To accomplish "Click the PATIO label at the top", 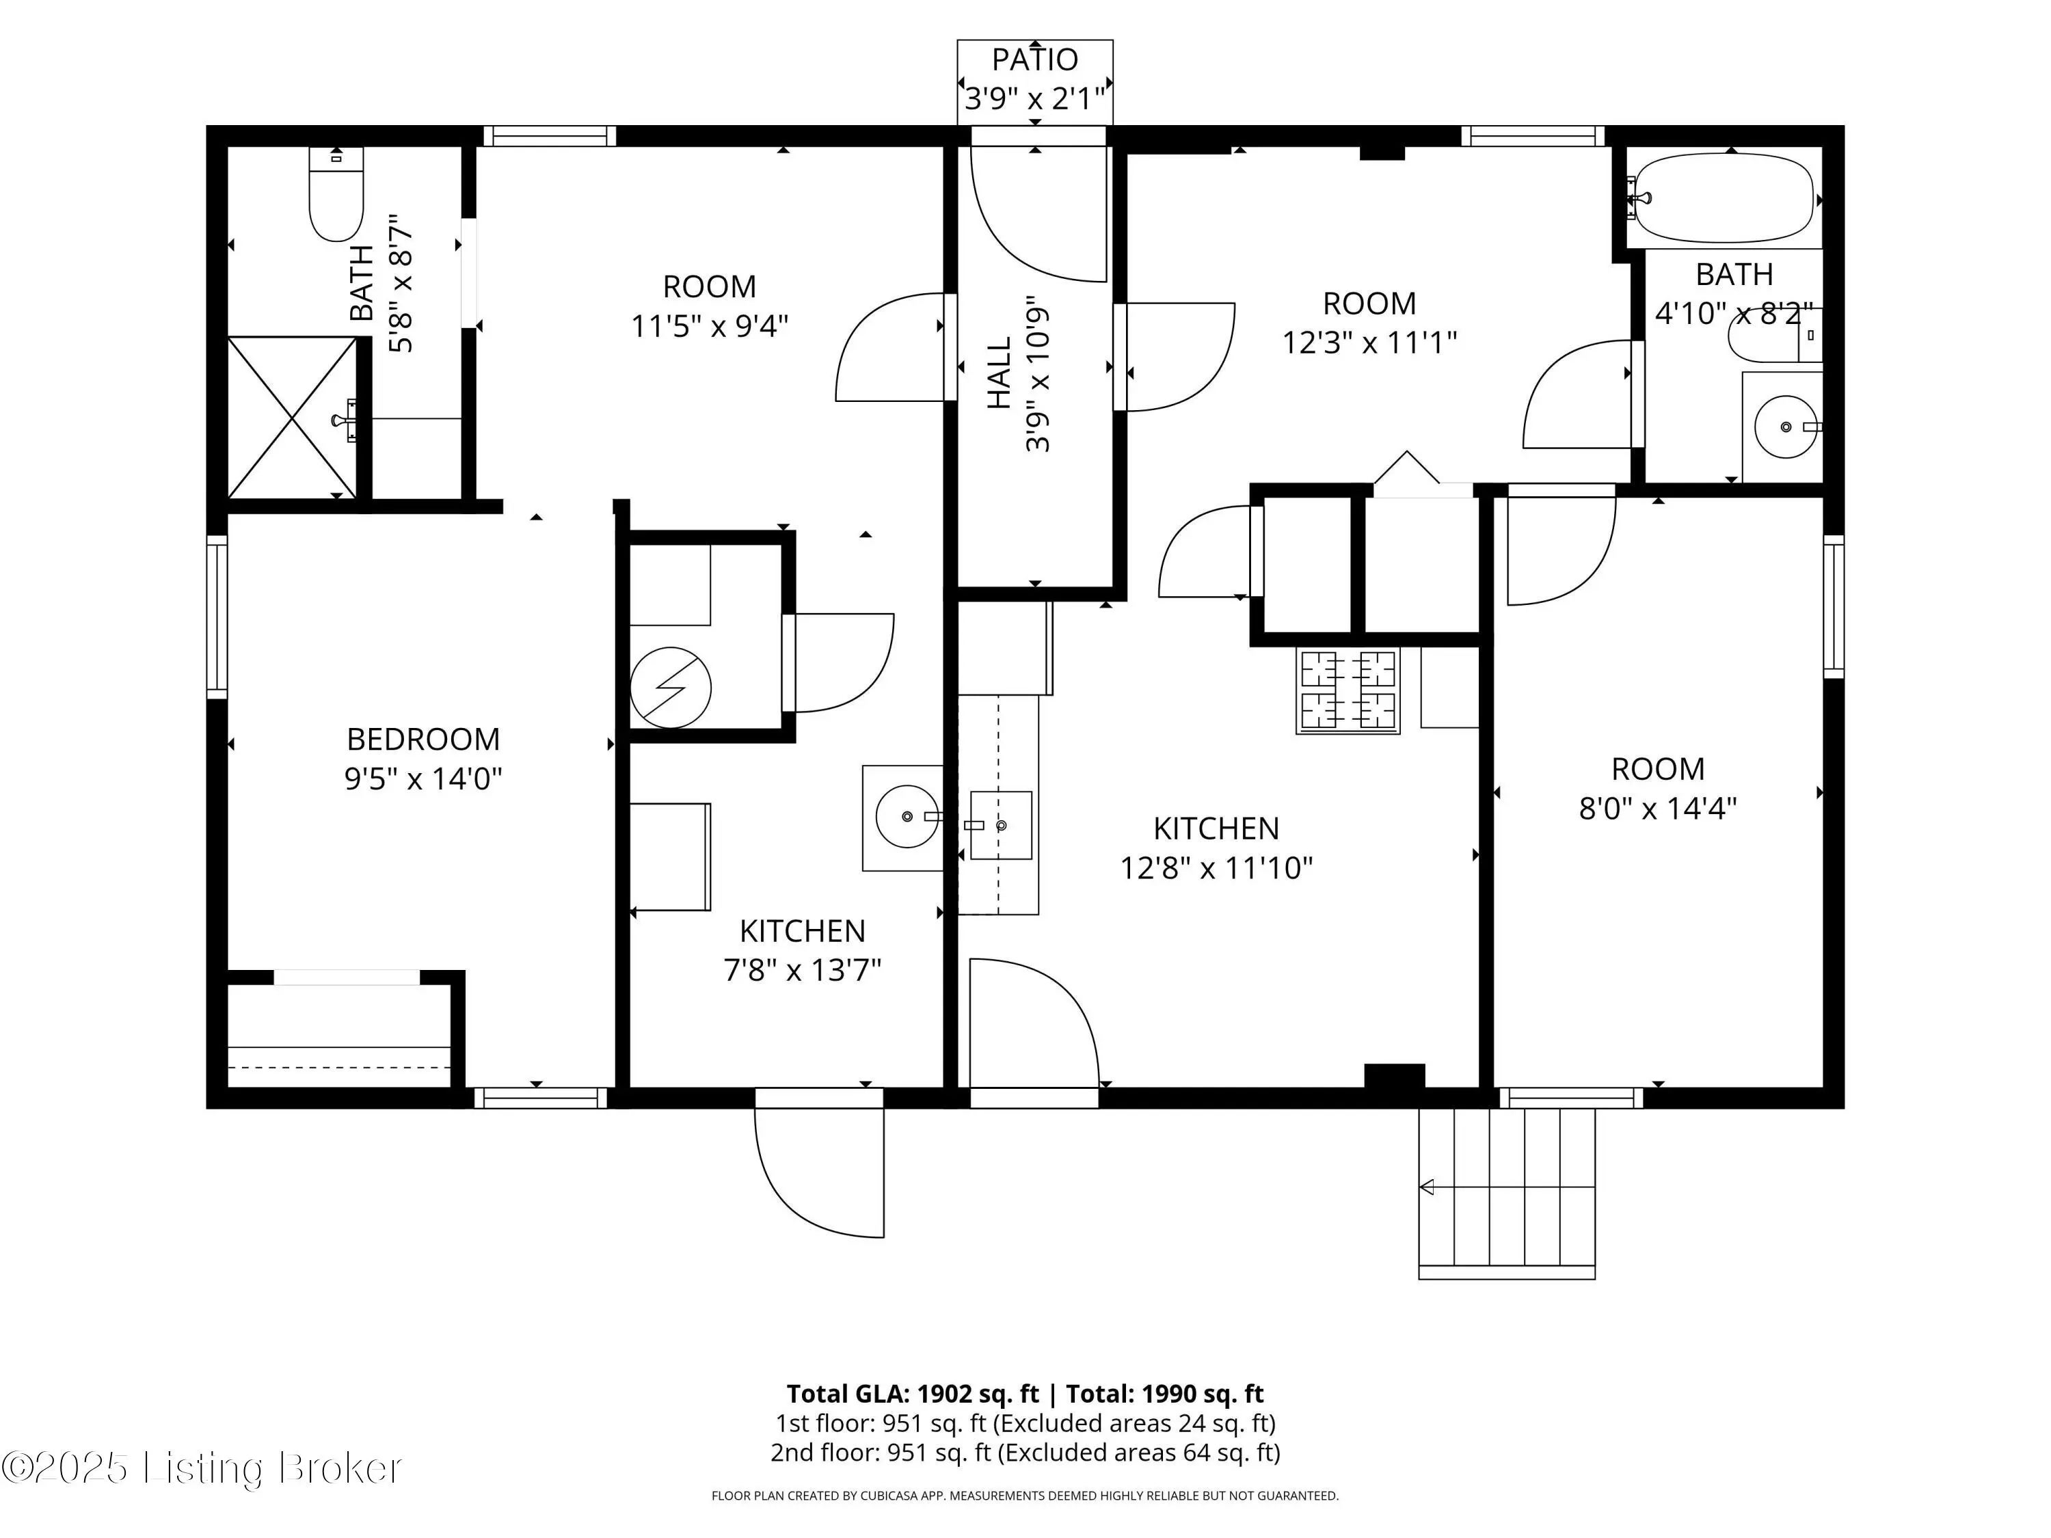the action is (1035, 59).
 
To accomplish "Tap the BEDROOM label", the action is (423, 739).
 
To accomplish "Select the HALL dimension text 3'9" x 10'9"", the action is (1038, 374).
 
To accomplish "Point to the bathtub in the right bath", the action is (1723, 198).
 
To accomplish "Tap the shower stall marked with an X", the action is (292, 417).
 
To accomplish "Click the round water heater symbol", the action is (671, 688).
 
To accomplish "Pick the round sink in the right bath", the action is (1786, 427).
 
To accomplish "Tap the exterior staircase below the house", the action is (1507, 1193).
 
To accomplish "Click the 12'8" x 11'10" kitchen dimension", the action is (1216, 867).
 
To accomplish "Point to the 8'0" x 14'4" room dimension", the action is (1658, 809).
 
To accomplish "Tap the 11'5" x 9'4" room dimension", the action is (710, 326).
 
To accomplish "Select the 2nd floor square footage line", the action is (1025, 1453).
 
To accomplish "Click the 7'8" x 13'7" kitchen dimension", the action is (802, 970).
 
